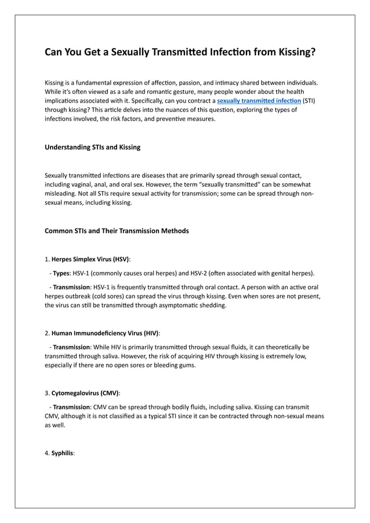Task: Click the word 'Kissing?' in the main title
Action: tap(293, 53)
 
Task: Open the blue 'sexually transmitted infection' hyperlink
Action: tap(259, 100)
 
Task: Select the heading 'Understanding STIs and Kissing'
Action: tap(92, 147)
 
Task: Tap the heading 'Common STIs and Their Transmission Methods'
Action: tap(117, 231)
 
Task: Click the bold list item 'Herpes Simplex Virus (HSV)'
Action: tap(90, 259)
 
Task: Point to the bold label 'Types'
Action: tap(61, 273)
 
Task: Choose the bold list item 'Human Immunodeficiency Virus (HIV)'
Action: tap(105, 333)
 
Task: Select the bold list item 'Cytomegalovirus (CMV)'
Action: tap(85, 393)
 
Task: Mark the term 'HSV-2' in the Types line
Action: tap(219, 273)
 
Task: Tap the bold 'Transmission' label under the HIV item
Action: tap(72, 347)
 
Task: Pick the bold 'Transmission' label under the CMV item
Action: tap(72, 406)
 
